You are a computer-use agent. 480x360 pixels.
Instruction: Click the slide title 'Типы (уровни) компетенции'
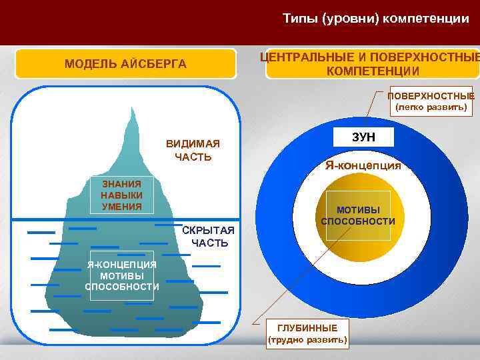[375, 19]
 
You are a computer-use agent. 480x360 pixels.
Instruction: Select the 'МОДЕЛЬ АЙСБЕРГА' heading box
[125, 64]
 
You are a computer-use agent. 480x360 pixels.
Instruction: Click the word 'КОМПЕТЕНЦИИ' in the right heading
[373, 71]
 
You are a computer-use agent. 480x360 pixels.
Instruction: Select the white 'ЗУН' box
[363, 137]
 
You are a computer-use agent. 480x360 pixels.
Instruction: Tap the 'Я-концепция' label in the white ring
[363, 166]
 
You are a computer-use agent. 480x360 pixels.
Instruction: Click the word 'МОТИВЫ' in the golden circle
[358, 210]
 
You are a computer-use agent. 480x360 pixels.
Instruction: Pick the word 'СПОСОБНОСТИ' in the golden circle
[358, 221]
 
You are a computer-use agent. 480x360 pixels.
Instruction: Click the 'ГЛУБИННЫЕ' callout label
[307, 328]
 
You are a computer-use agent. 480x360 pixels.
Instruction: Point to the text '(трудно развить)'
[307, 339]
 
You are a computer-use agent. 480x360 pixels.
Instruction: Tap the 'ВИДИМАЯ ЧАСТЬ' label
[193, 151]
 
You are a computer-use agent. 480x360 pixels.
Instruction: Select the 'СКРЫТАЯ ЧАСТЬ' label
[209, 237]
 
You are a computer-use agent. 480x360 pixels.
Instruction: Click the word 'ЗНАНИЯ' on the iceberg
[121, 184]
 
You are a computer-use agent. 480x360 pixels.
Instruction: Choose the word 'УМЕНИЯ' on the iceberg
[121, 206]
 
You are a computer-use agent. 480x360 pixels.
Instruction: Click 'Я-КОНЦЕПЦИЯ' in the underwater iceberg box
[122, 265]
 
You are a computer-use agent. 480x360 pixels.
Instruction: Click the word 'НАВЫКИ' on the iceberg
[121, 195]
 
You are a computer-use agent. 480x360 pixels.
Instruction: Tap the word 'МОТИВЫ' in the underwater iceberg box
[122, 276]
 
